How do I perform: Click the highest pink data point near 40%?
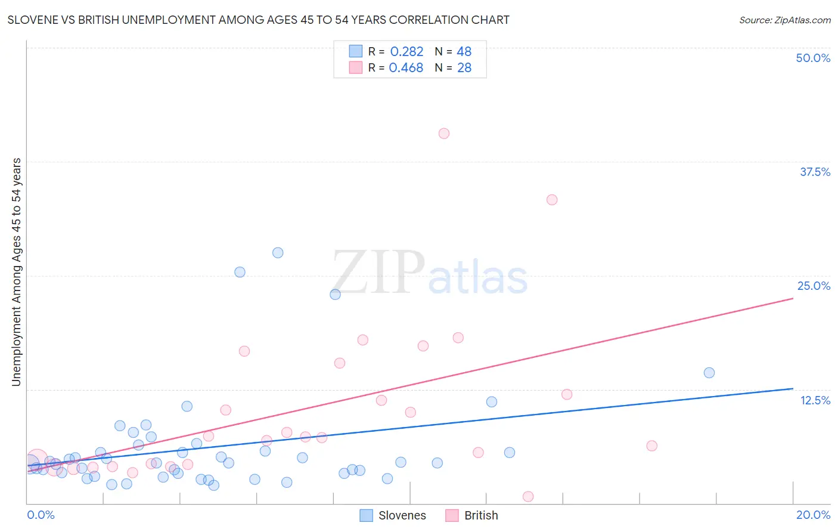pyautogui.click(x=443, y=134)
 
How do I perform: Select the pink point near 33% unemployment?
pyautogui.click(x=552, y=200)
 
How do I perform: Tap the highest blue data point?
pyautogui.click(x=278, y=253)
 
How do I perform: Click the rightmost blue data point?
pyautogui.click(x=709, y=373)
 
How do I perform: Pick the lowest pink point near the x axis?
pyautogui.click(x=528, y=496)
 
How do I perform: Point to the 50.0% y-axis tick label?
pyautogui.click(x=813, y=58)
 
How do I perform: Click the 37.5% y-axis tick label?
pyautogui.click(x=815, y=172)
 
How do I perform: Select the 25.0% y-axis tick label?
pyautogui.click(x=814, y=286)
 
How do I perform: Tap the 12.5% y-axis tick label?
pyautogui.click(x=815, y=400)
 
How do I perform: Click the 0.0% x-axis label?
pyautogui.click(x=41, y=515)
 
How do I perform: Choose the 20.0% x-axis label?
pyautogui.click(x=813, y=515)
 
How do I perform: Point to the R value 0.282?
pyautogui.click(x=406, y=52)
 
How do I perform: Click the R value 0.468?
pyautogui.click(x=406, y=68)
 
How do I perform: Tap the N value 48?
pyautogui.click(x=464, y=52)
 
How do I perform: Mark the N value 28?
pyautogui.click(x=464, y=68)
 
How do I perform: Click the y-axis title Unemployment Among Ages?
pyautogui.click(x=16, y=271)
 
